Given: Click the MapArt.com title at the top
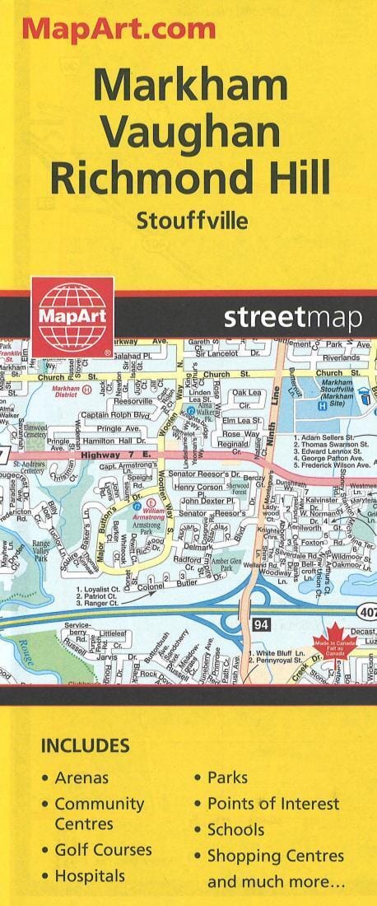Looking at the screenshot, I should click(x=119, y=29).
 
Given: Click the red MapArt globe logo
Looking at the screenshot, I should click(x=72, y=316).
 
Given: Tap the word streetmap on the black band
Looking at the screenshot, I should click(x=292, y=318).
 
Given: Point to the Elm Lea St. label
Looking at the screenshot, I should click(x=242, y=420).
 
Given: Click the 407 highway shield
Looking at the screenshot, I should click(x=367, y=610).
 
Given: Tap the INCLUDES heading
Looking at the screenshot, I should click(x=86, y=746).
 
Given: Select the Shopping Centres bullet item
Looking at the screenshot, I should click(x=275, y=856).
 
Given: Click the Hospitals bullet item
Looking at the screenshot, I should click(x=90, y=876).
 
